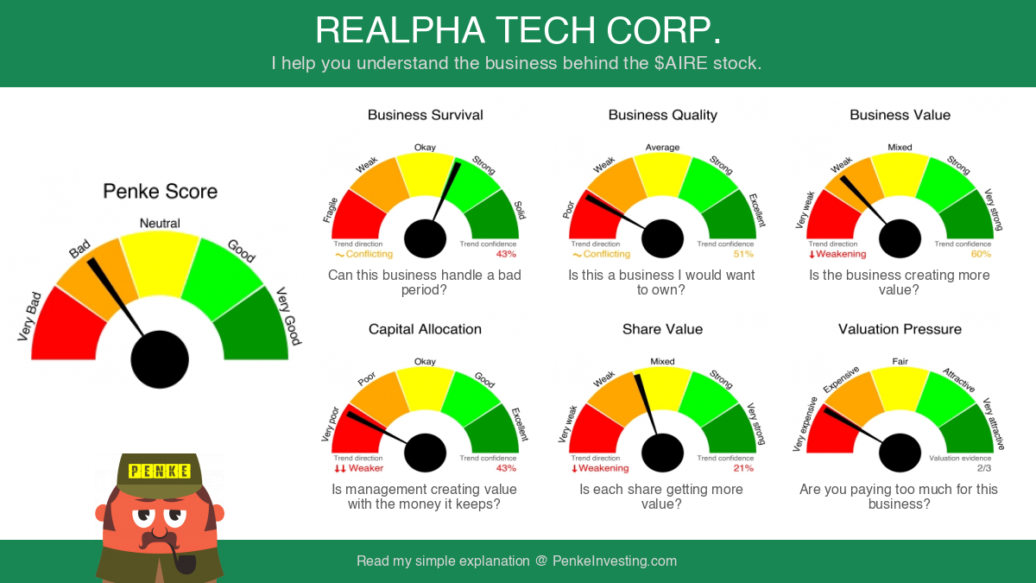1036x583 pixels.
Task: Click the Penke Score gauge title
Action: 160,192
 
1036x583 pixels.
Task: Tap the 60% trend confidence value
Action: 981,254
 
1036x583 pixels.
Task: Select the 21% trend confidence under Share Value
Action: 743,468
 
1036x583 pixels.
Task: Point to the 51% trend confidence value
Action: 743,254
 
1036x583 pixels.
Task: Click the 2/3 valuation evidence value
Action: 983,468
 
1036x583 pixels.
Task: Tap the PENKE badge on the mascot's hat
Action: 159,471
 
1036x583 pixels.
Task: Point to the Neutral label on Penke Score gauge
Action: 160,224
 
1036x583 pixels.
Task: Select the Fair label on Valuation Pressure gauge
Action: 900,361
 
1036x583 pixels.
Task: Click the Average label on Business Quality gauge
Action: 662,147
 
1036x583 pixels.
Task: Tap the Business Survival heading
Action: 425,115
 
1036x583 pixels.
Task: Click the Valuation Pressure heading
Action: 900,329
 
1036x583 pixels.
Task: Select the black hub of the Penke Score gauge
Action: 160,359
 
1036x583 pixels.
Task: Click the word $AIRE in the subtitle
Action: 681,63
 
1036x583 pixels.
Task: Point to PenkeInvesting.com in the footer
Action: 614,561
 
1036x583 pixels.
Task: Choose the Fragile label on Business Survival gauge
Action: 330,210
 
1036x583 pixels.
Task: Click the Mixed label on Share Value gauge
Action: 662,361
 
